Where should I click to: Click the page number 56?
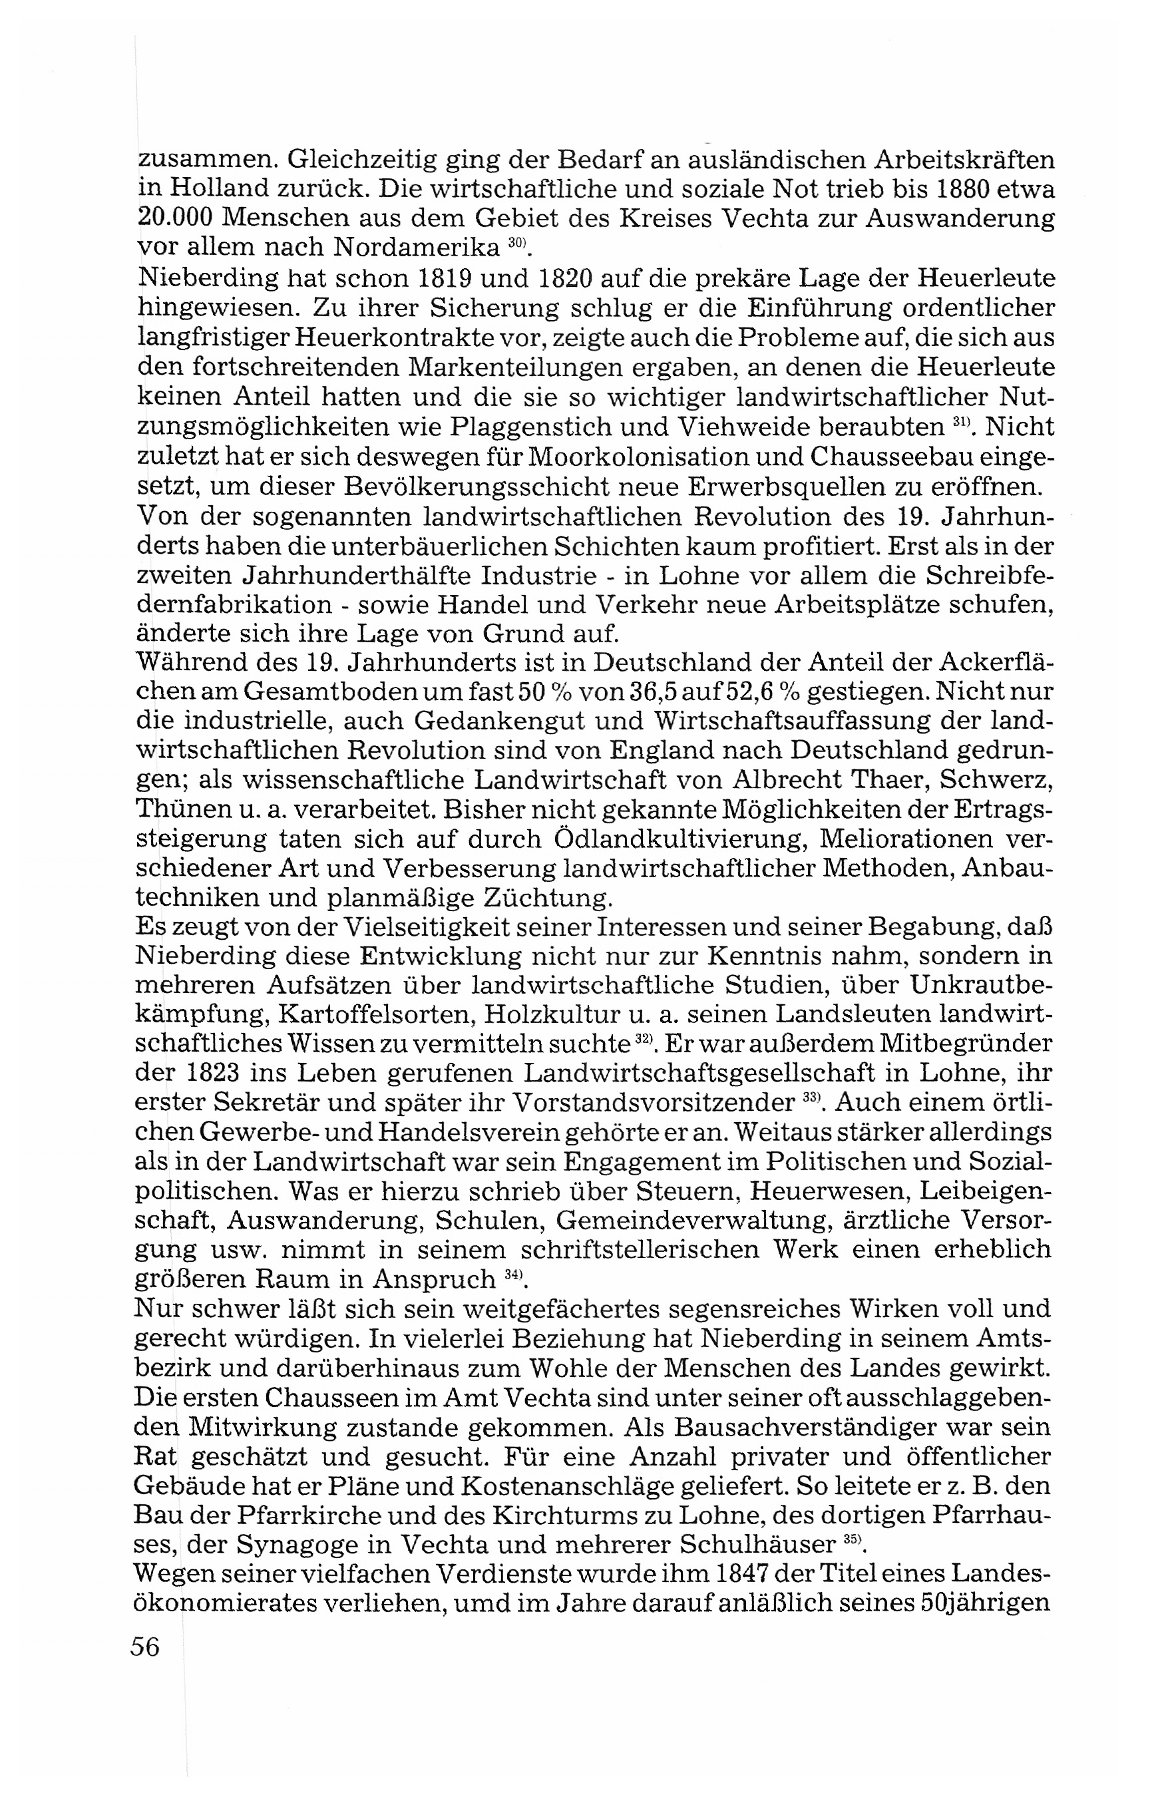(145, 1647)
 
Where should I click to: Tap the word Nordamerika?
(417, 247)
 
